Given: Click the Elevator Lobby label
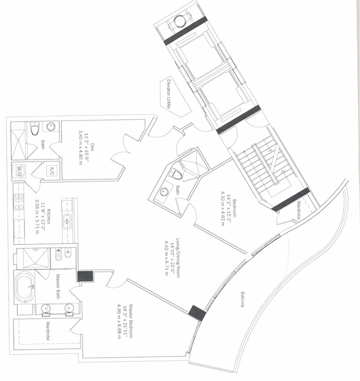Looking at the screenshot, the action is (169, 94).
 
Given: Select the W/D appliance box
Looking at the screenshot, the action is (19, 171).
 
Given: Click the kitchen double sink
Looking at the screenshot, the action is (66, 222).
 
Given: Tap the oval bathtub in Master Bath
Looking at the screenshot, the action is (25, 287).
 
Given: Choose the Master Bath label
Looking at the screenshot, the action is (58, 287).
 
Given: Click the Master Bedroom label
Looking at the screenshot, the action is (131, 321).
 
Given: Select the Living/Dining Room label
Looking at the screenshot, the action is (178, 258).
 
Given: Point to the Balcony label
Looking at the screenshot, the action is (243, 299).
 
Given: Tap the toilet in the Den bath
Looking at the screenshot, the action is (35, 128).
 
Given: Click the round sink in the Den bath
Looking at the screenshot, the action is (51, 126).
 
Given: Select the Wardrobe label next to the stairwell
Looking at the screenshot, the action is (298, 210).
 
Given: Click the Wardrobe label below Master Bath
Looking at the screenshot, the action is (48, 331).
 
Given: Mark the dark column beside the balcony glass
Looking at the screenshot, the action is (197, 313).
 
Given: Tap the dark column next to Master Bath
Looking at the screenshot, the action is (85, 276).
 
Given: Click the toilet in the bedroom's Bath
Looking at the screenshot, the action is (176, 174).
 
